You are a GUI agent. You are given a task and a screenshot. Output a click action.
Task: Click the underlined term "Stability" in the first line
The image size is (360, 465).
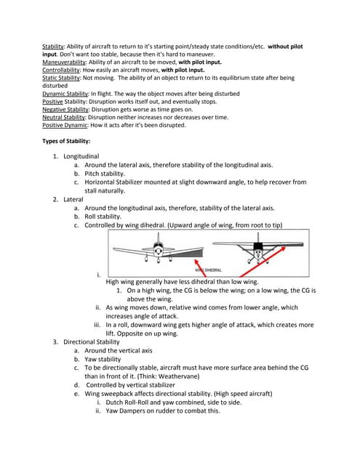(x=54, y=46)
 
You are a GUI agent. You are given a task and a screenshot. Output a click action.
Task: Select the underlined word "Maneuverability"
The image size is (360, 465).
(x=65, y=62)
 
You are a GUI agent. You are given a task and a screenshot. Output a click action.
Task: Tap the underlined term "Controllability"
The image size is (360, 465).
(x=62, y=70)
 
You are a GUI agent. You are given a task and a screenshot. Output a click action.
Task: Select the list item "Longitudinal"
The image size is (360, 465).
(x=81, y=156)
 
